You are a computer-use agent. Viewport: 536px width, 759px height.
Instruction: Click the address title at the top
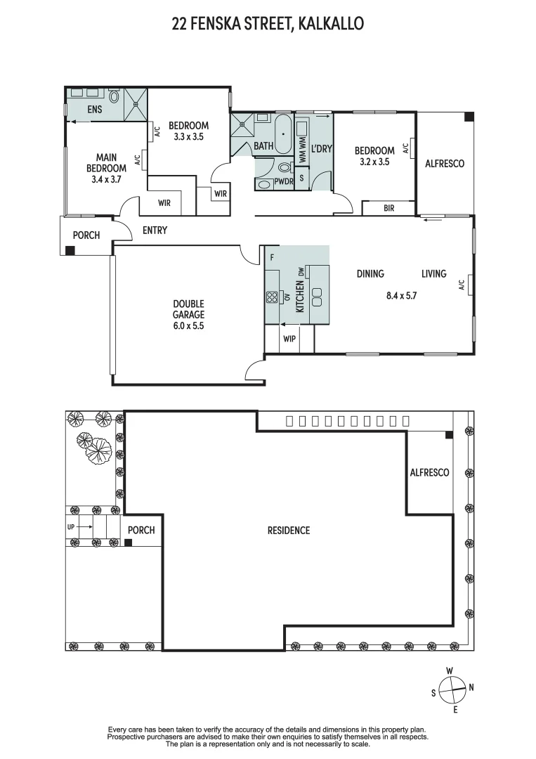tap(268, 24)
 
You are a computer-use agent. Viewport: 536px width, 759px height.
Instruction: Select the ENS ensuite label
tap(93, 110)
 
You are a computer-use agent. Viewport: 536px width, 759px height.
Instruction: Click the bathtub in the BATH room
tap(284, 134)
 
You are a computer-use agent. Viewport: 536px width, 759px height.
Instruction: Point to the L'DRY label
tap(321, 148)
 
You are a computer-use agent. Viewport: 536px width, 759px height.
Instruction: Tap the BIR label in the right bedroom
tap(388, 209)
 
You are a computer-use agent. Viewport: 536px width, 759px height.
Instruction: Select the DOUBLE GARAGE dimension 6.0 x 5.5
tap(188, 326)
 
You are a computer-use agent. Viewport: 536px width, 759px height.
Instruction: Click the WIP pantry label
tap(289, 339)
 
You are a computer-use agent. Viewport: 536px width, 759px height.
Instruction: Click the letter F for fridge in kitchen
tap(271, 257)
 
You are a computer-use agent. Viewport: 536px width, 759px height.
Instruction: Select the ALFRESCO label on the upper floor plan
tap(445, 163)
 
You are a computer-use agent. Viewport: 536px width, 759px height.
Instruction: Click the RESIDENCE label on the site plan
tap(288, 530)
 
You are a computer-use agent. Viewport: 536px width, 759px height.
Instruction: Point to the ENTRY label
tap(155, 231)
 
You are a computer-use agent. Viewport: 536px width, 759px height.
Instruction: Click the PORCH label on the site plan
tap(142, 530)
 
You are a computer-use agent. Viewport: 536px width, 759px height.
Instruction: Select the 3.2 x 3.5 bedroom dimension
tap(374, 161)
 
